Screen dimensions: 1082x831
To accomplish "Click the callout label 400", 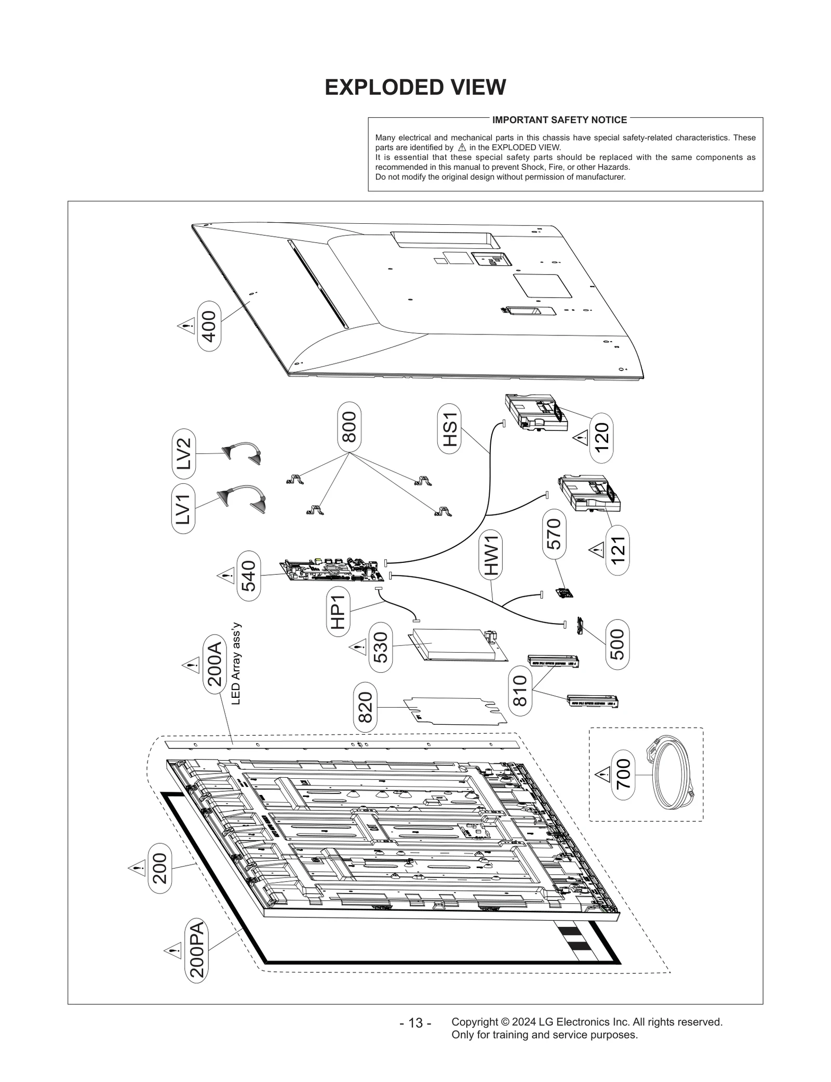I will [x=209, y=326].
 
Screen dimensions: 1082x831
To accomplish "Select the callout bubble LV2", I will [x=183, y=453].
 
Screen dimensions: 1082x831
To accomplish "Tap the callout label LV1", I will [x=183, y=508].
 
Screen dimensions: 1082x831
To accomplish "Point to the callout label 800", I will [x=349, y=427].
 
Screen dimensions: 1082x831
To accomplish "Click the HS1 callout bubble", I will [x=449, y=429].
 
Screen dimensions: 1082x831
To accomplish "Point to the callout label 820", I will [x=365, y=707].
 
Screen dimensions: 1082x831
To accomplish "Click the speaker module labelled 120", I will [x=532, y=412].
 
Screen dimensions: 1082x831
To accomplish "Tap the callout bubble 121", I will [x=617, y=550].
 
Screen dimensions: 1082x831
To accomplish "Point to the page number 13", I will [x=415, y=1023].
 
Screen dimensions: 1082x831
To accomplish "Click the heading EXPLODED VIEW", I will [x=415, y=87].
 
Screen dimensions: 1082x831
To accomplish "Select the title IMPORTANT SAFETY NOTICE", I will [x=559, y=120].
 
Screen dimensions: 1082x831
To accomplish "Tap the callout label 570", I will [x=554, y=534].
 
